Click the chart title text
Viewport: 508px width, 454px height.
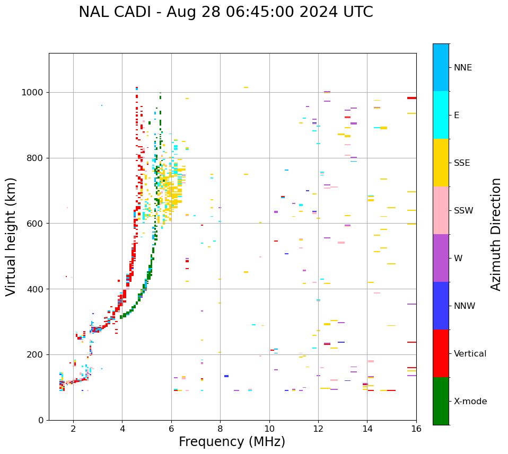click(226, 12)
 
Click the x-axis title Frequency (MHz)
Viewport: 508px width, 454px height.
click(232, 442)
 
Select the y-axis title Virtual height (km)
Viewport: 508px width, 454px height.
click(12, 236)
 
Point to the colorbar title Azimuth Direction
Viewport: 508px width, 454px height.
click(496, 234)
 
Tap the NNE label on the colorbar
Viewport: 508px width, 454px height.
click(462, 68)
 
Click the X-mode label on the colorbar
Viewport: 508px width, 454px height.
click(470, 402)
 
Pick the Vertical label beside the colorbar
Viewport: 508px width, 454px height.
click(470, 354)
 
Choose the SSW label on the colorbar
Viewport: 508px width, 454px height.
click(463, 211)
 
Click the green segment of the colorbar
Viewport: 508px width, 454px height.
click(441, 401)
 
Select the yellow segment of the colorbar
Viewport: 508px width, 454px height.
click(441, 163)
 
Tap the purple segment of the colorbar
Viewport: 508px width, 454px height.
click(441, 258)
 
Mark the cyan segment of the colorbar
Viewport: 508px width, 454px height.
click(441, 115)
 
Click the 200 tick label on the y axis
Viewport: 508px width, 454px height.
click(37, 355)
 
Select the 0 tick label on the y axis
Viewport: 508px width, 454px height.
click(41, 420)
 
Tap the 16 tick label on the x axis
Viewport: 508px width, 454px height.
click(416, 428)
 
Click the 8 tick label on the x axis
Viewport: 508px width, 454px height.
click(220, 428)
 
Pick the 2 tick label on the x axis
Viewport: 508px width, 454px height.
click(73, 428)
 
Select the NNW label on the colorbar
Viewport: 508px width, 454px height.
click(465, 306)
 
